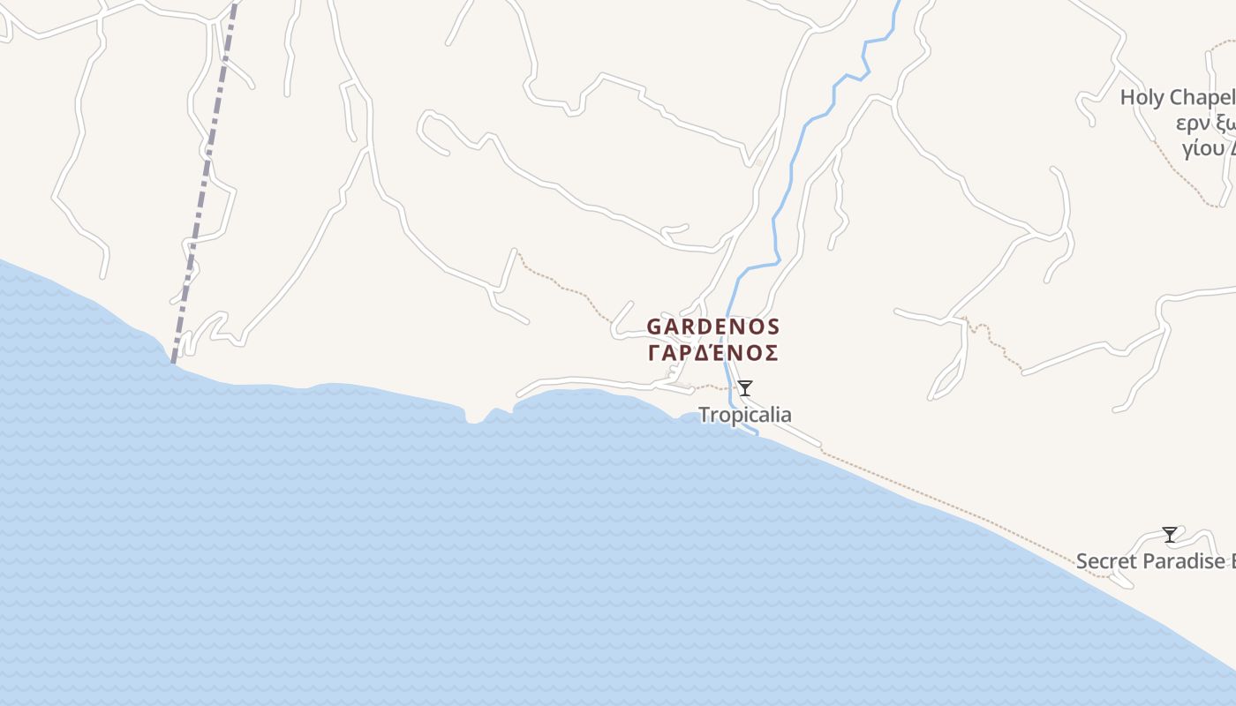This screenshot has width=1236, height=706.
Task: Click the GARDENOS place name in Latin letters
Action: point(713,327)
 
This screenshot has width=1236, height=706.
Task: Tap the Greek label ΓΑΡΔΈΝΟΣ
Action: point(713,353)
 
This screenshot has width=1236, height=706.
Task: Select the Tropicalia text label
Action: point(745,414)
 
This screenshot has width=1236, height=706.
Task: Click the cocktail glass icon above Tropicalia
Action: point(745,387)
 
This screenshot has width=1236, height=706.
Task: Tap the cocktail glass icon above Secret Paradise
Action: point(1170,534)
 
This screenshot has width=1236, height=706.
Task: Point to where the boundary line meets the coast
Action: point(173,361)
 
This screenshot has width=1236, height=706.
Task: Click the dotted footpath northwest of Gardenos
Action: point(565,287)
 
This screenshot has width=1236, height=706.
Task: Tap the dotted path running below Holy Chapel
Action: point(1187,176)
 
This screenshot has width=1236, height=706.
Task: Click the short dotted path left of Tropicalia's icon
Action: point(711,387)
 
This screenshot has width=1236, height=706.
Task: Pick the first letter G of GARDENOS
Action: point(654,327)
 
